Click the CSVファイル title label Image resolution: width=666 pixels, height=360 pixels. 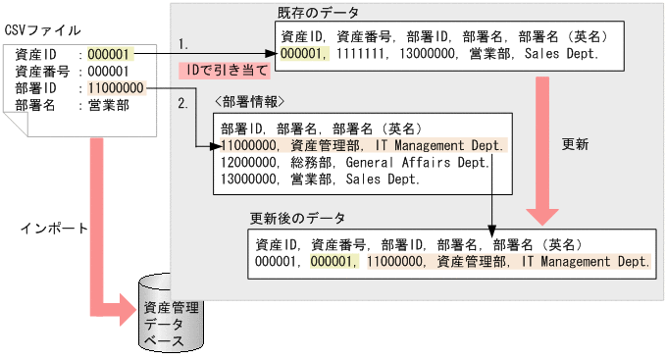pyautogui.click(x=43, y=31)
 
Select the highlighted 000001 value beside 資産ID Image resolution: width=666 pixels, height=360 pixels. pyautogui.click(x=108, y=53)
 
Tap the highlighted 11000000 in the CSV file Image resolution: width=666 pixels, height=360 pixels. pyautogui.click(x=116, y=87)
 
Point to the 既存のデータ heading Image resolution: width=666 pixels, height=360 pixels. pyautogui.click(x=318, y=13)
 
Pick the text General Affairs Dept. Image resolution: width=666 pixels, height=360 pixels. pyautogui.click(x=417, y=162)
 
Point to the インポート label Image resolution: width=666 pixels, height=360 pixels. pyautogui.click(x=54, y=227)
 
